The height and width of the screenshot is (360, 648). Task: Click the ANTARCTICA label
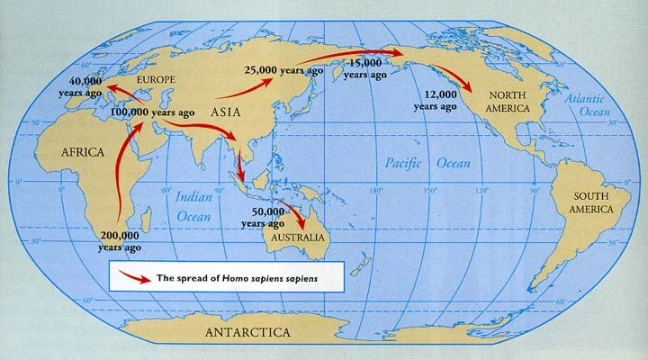click(x=247, y=332)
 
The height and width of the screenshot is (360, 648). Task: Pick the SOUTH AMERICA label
click(x=586, y=201)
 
